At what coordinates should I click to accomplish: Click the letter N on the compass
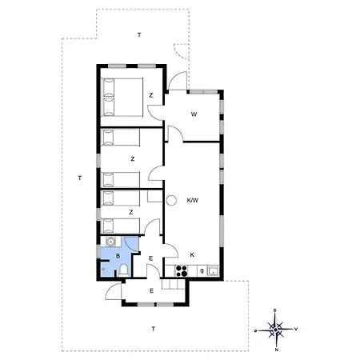pos(277,348)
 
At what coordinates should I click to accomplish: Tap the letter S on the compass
pos(275,310)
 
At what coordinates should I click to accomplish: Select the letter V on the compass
pos(296,328)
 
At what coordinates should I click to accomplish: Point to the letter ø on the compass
pos(256,330)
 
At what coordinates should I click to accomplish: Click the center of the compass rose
pos(276,329)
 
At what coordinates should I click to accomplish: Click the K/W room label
pos(192,200)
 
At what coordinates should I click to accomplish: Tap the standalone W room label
pos(194,114)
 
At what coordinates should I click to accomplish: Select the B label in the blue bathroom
pos(118,256)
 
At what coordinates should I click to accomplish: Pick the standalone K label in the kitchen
pos(192,255)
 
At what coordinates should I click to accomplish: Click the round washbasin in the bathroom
pos(110,241)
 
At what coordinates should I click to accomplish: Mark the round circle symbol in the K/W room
pos(170,201)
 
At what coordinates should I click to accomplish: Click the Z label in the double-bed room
pos(150,95)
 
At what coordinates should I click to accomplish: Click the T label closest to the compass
pos(154,329)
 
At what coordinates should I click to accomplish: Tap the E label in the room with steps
pos(151,290)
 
